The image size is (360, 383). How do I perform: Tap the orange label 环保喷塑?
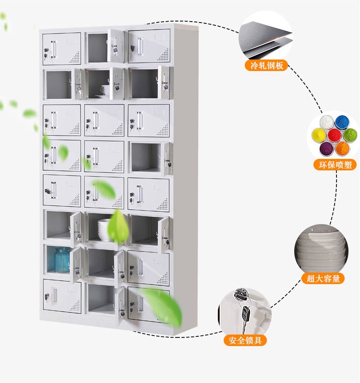335,165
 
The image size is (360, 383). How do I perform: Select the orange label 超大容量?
323,278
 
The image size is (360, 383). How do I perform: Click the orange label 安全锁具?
245,340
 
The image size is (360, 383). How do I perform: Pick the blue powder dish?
342,122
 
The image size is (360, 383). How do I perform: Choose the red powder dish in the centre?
335,135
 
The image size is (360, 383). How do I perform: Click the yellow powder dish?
319,135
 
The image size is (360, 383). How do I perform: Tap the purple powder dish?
326,148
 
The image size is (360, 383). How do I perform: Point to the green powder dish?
350,135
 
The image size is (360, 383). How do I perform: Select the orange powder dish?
342,148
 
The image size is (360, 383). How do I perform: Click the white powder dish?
326,122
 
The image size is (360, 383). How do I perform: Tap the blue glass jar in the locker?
62,260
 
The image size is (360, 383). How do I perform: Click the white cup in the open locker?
105,90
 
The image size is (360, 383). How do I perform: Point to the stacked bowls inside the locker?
105,229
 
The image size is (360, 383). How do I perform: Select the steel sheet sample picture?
265,37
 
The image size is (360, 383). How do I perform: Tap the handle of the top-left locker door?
54,49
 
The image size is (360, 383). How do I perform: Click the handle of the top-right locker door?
141,47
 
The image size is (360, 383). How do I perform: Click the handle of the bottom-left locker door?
54,296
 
